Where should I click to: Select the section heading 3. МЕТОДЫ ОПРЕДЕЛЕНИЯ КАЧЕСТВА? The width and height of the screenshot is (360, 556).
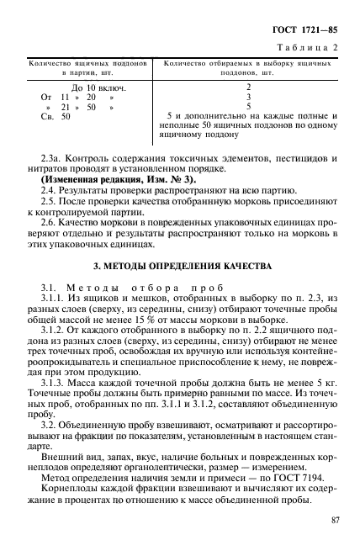[x=181, y=266]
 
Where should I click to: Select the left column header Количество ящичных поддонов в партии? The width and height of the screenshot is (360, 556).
[x=89, y=68]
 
